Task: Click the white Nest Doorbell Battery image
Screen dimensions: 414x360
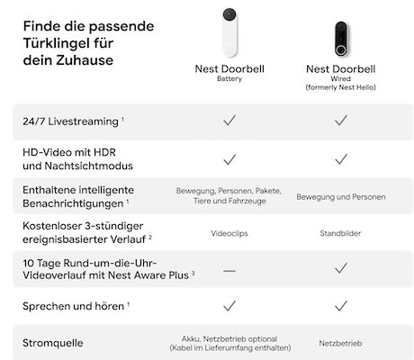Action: click(x=229, y=32)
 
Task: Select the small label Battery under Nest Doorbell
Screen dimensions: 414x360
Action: click(x=229, y=78)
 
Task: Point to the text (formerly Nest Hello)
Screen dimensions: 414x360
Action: click(x=341, y=88)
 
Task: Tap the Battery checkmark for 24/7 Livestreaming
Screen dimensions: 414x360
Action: click(x=229, y=120)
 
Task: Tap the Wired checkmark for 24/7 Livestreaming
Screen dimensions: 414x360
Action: click(x=341, y=120)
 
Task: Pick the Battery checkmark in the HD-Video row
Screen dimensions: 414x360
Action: click(x=229, y=158)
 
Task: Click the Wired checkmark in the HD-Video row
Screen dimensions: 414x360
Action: click(x=341, y=158)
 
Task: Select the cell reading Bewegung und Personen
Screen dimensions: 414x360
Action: click(x=341, y=196)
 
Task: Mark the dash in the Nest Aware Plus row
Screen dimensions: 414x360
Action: click(x=229, y=268)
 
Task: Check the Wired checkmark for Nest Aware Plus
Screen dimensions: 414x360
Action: click(x=341, y=268)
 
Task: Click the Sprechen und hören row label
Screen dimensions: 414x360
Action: click(x=72, y=306)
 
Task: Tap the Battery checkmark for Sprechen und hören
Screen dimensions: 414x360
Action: click(x=229, y=306)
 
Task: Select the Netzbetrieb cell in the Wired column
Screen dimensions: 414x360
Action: click(x=341, y=344)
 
